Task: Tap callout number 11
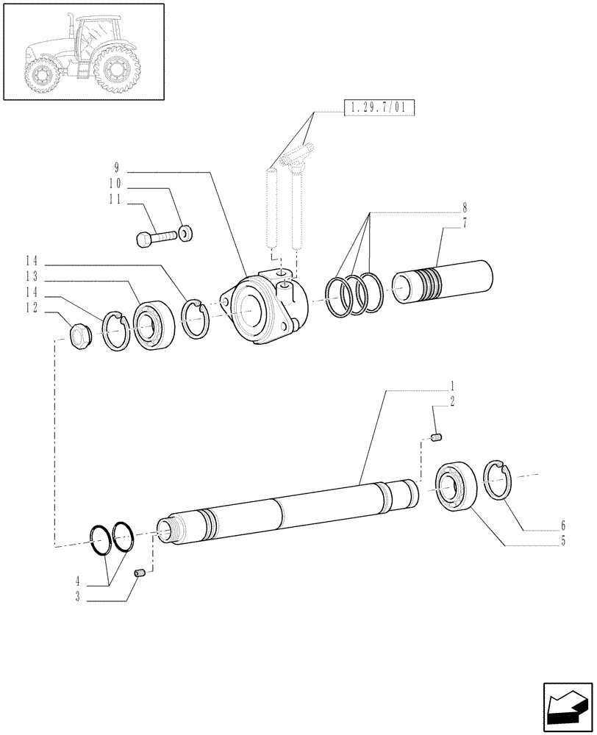[116, 198]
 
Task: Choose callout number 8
[464, 208]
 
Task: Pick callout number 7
[464, 223]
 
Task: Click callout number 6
[562, 526]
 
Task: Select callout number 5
[562, 541]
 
